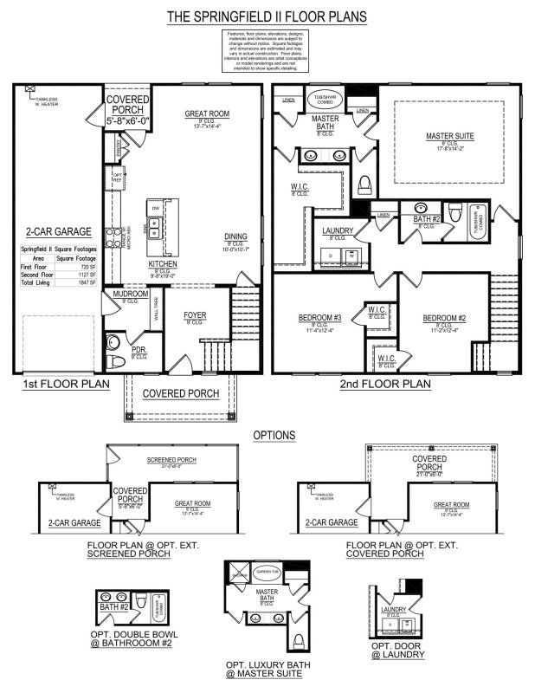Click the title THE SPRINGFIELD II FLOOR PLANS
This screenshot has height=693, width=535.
point(267,16)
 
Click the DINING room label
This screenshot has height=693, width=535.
point(235,236)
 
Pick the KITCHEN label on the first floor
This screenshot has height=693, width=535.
point(163,264)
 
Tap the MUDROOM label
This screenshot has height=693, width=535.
point(126,295)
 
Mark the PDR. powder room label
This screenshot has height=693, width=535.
point(139,352)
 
